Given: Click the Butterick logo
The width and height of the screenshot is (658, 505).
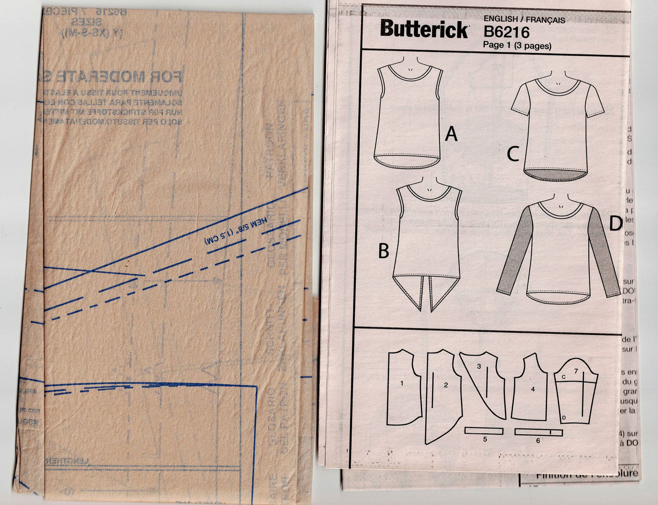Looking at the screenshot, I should tap(424, 30).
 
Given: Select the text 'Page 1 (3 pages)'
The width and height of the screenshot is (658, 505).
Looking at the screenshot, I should tap(517, 46).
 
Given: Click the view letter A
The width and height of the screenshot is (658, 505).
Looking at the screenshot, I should tap(451, 134).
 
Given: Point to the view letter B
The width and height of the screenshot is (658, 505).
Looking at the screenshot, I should tap(384, 251).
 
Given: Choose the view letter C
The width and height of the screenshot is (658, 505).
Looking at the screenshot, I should tap(513, 155).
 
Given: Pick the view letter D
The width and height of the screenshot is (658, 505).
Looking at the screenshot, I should tap(615, 224).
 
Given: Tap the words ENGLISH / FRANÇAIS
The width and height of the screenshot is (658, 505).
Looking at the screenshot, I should tap(524, 20).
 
